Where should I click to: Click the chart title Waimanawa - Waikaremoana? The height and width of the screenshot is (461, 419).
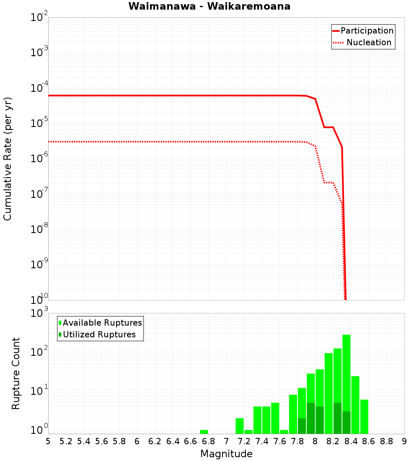click(x=209, y=6)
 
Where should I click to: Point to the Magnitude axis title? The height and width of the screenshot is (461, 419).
click(x=226, y=454)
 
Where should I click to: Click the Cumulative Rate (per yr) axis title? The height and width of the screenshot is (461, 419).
click(x=8, y=158)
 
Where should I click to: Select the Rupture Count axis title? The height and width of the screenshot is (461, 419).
click(x=16, y=373)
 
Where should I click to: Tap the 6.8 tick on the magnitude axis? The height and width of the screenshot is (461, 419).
click(x=208, y=441)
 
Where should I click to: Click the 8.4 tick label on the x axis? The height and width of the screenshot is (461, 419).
click(x=351, y=441)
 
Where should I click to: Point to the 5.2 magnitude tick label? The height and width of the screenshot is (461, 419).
click(x=66, y=441)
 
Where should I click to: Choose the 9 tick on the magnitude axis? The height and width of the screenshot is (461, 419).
click(x=404, y=441)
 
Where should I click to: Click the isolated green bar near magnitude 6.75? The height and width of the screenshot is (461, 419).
click(x=204, y=432)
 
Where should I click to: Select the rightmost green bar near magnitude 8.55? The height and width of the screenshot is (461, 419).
click(x=364, y=417)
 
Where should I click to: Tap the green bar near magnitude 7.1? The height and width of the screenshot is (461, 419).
click(x=240, y=426)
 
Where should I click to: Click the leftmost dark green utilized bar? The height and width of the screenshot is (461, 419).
click(x=302, y=426)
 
